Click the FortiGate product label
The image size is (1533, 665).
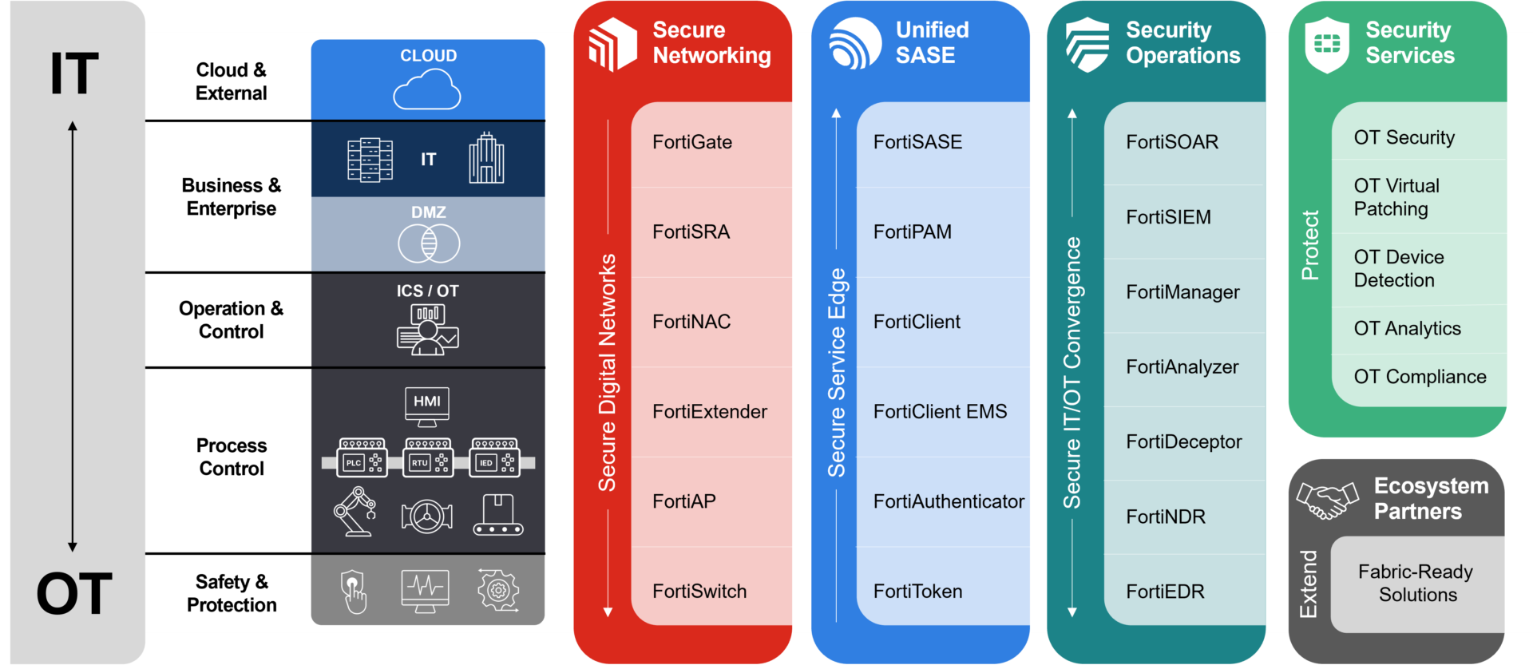(692, 142)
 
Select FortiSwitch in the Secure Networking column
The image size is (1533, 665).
(699, 592)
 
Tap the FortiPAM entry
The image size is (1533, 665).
(912, 232)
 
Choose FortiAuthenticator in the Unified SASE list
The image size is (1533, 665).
(949, 501)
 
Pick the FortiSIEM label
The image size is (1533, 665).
(1168, 217)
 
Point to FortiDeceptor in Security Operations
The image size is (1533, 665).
(1183, 441)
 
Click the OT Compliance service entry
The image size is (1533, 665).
(1420, 377)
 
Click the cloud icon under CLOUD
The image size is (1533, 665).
(427, 89)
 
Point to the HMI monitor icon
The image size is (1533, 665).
(427, 406)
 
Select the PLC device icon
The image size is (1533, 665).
(362, 457)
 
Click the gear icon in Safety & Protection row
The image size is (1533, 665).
(498, 591)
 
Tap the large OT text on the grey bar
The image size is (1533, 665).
(74, 594)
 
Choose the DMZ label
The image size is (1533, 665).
(429, 212)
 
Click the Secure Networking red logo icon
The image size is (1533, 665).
(612, 45)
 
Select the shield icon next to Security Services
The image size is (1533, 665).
(1327, 45)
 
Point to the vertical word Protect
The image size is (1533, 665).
(1310, 245)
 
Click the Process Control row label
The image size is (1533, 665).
(232, 457)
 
